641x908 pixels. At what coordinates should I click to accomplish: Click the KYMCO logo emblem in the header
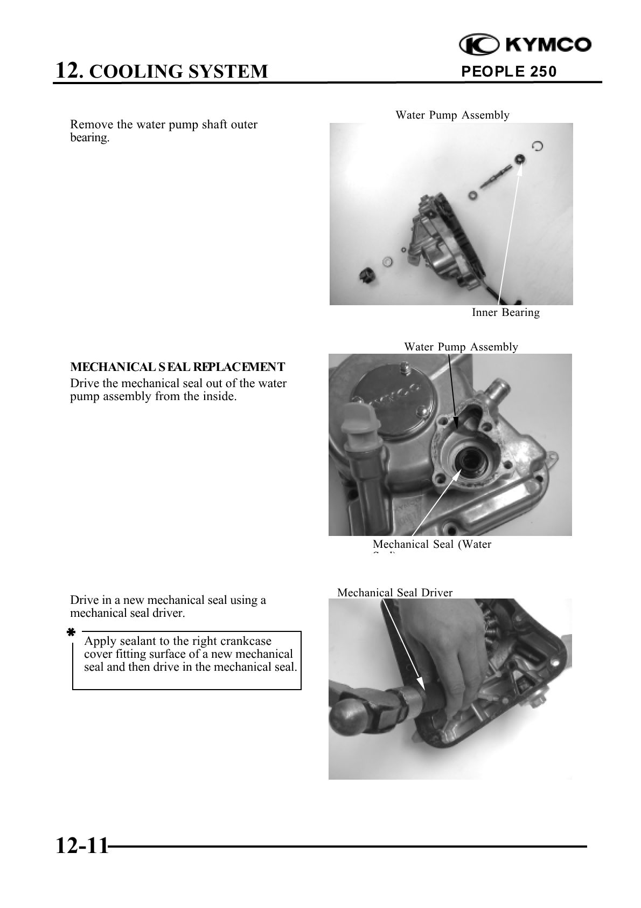pos(479,45)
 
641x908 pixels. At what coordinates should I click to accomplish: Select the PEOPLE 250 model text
pos(509,72)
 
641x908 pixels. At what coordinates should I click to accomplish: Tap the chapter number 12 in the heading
pos(67,70)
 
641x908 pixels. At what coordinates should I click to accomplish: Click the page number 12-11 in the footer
pos(82,846)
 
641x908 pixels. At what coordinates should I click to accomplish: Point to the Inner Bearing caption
pos(506,313)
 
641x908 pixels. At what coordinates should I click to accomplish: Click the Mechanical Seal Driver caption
pos(395,593)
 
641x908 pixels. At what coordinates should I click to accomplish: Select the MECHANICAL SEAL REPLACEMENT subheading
pos(177,367)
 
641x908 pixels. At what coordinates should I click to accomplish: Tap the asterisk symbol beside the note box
pos(71,633)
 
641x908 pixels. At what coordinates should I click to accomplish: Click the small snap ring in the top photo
pos(537,146)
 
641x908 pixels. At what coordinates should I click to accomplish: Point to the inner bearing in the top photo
pos(520,159)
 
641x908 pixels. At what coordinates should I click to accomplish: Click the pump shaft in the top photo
pos(493,178)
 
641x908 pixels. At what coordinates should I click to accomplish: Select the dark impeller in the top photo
pos(368,277)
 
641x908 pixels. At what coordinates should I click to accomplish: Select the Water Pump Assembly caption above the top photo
pos(452,115)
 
